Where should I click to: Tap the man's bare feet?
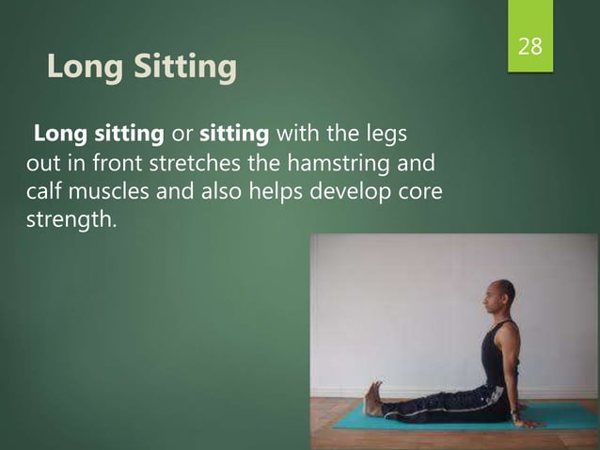pyautogui.click(x=373, y=399)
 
